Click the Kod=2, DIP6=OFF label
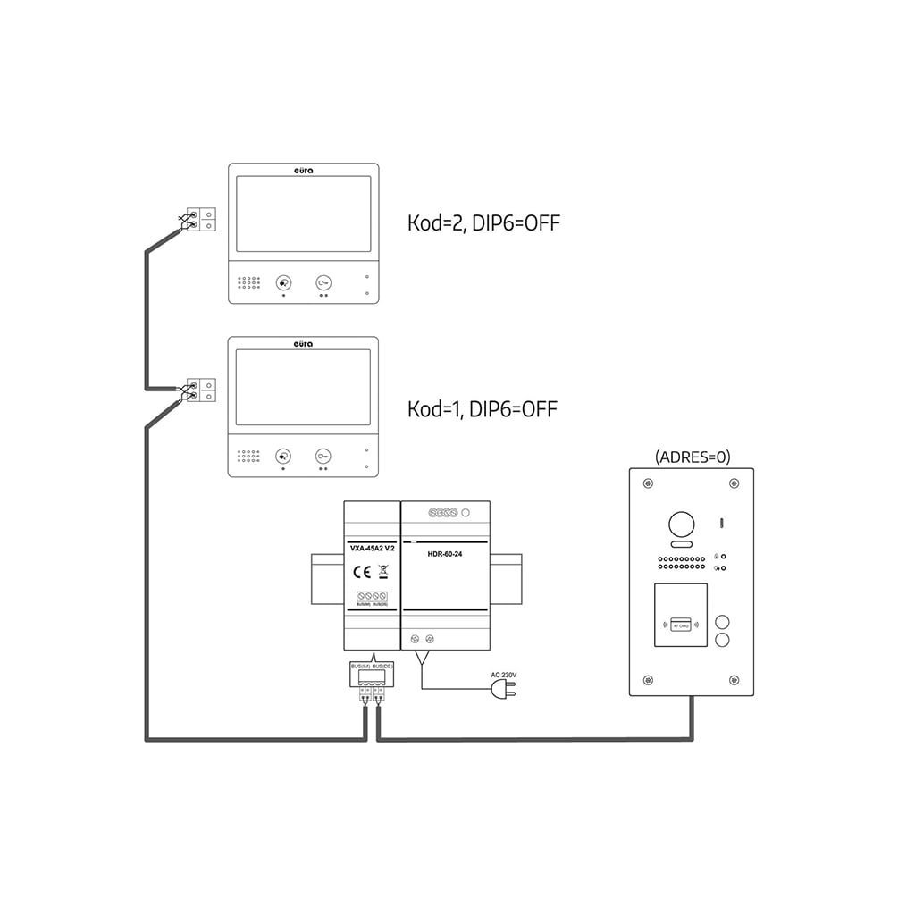coord(483,223)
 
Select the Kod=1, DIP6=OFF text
coord(482,410)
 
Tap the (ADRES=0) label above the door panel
coord(693,457)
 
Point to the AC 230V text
coord(505,675)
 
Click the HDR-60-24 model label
coord(445,554)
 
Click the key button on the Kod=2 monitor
coord(323,282)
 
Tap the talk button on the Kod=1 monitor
coord(283,457)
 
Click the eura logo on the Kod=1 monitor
coord(304,343)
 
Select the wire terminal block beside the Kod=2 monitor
coord(200,220)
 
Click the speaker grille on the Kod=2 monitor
coord(248,283)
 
